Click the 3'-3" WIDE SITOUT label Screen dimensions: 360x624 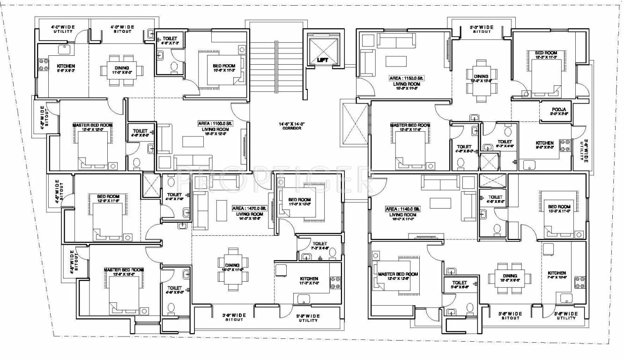[x=482, y=29]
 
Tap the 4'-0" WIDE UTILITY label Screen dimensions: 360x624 [x=63, y=29]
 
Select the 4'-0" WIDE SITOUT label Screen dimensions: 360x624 [x=122, y=29]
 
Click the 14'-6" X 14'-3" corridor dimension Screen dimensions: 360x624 [x=292, y=124]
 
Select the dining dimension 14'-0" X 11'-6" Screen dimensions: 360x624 [x=233, y=270]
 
